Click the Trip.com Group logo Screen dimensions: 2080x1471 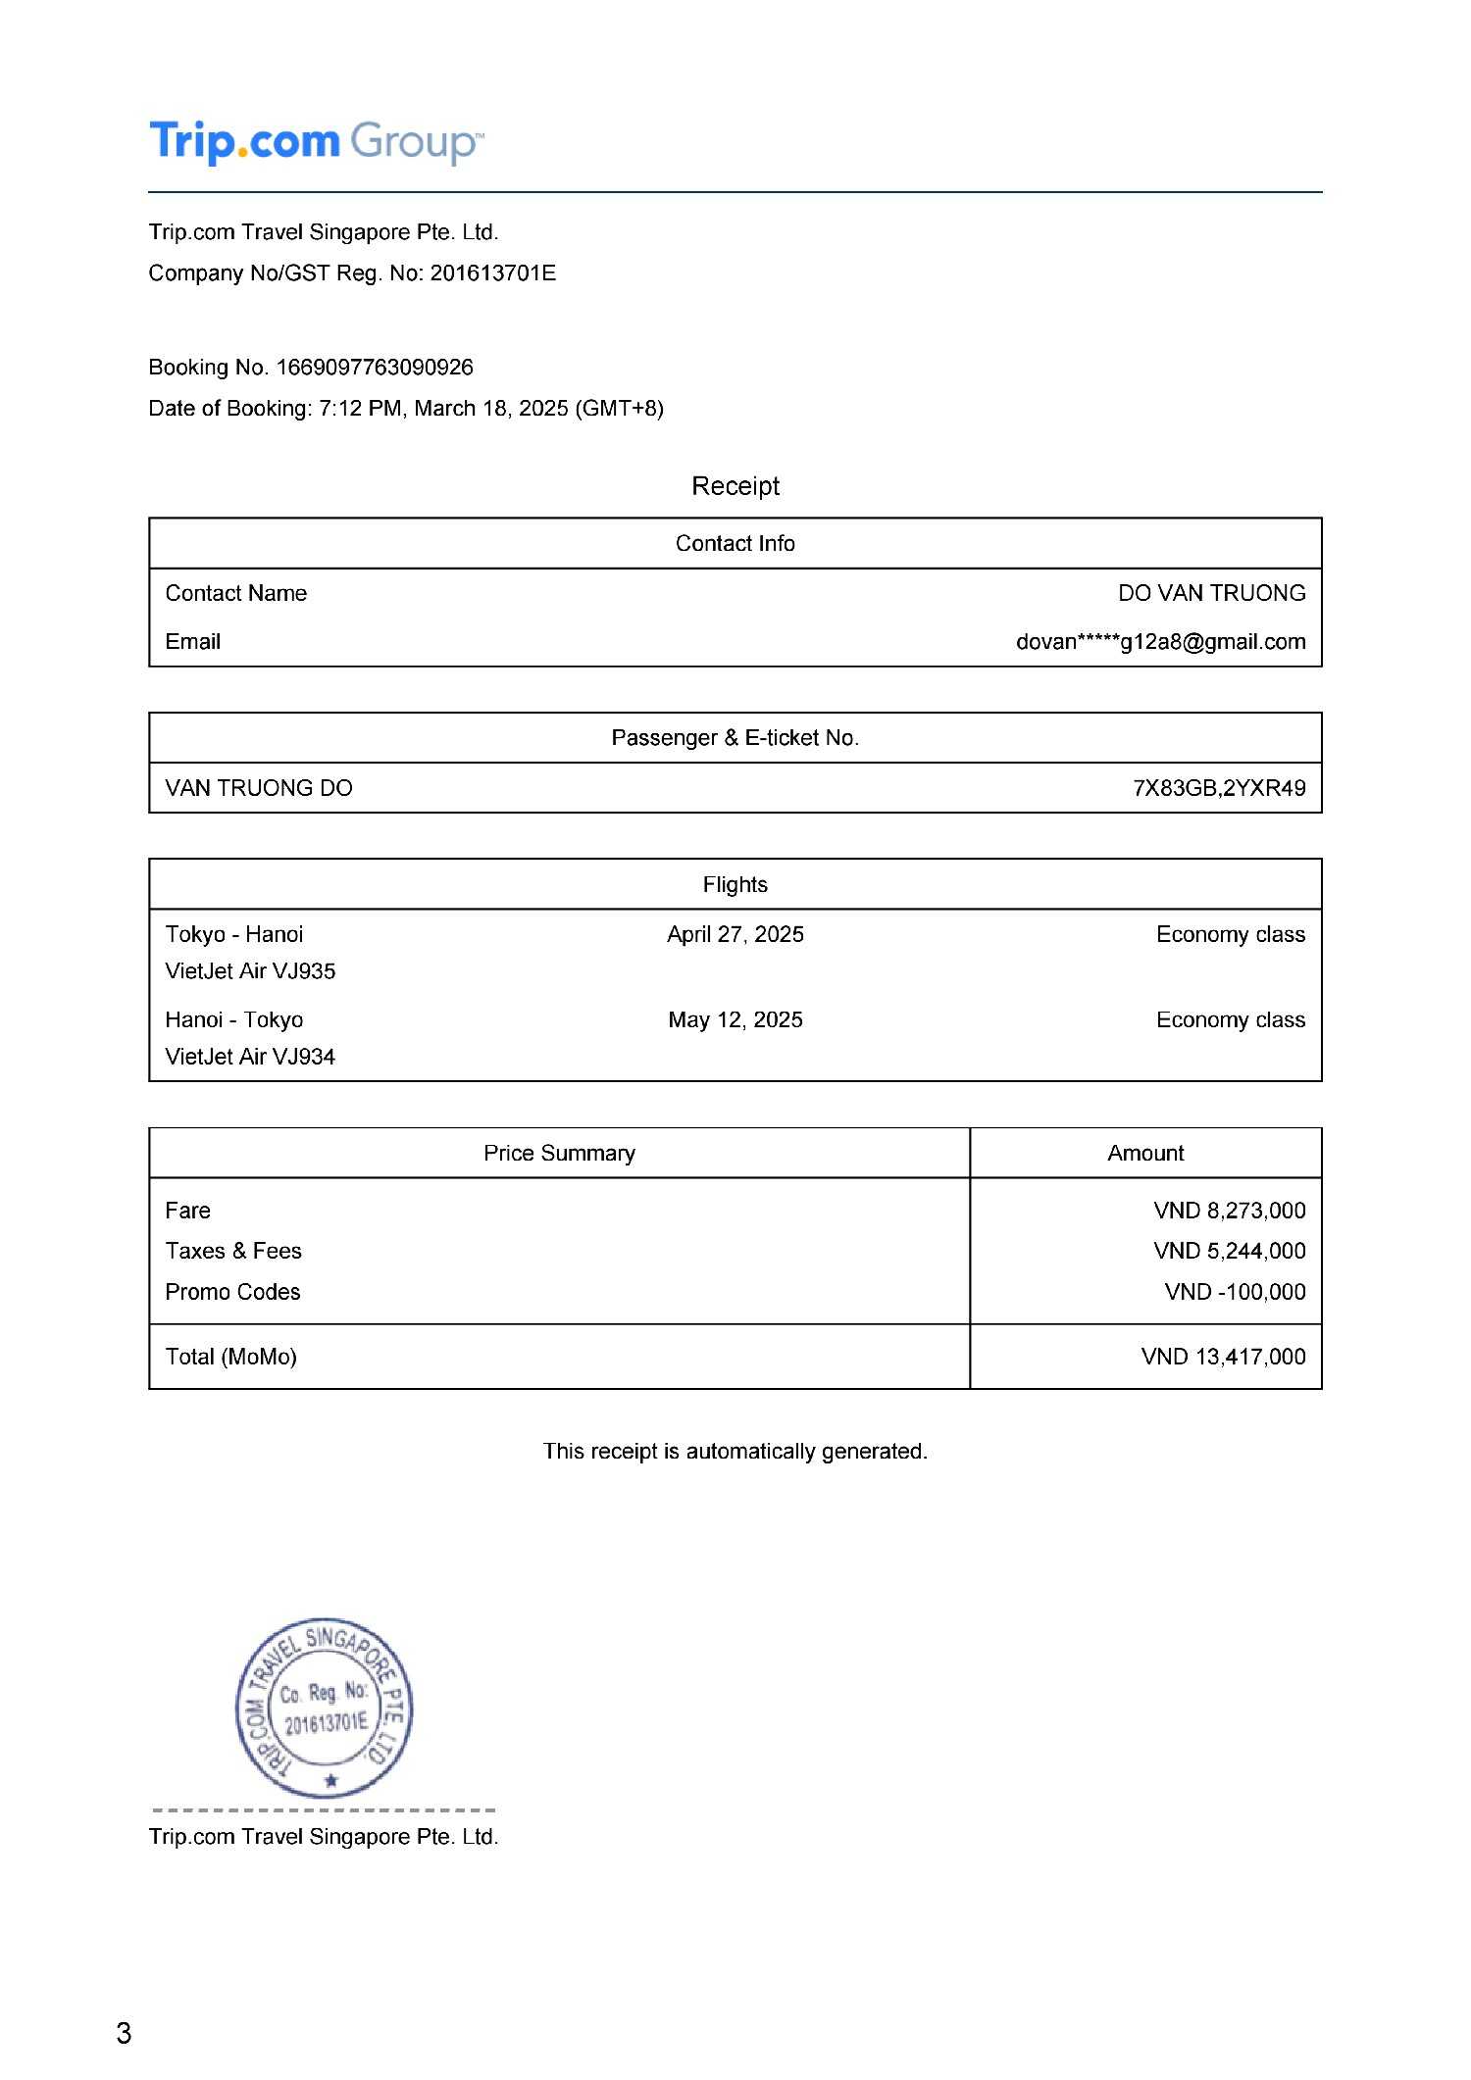(x=315, y=142)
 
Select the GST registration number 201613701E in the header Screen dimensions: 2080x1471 (x=492, y=272)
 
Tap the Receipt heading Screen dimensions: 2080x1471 (x=735, y=486)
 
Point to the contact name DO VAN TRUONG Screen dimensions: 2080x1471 (x=1211, y=593)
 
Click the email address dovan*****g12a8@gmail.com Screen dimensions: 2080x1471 (x=1160, y=642)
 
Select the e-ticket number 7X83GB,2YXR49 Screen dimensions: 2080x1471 (x=1219, y=788)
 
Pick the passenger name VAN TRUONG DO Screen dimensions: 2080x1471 (x=259, y=788)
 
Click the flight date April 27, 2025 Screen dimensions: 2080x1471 (x=735, y=934)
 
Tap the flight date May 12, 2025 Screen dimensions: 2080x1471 (x=735, y=1019)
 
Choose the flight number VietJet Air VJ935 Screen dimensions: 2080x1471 (x=250, y=971)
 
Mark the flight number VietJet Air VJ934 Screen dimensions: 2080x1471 (x=250, y=1057)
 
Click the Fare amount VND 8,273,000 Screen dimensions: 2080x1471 (x=1229, y=1211)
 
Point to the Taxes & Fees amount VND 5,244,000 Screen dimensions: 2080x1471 (x=1229, y=1251)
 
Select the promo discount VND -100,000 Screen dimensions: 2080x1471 (x=1235, y=1292)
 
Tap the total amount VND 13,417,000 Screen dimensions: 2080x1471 (x=1223, y=1357)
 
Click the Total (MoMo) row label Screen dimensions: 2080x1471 (x=231, y=1357)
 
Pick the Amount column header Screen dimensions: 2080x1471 (x=1145, y=1153)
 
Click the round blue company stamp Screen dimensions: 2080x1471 (x=325, y=1708)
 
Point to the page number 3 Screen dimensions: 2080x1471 (x=124, y=2034)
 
